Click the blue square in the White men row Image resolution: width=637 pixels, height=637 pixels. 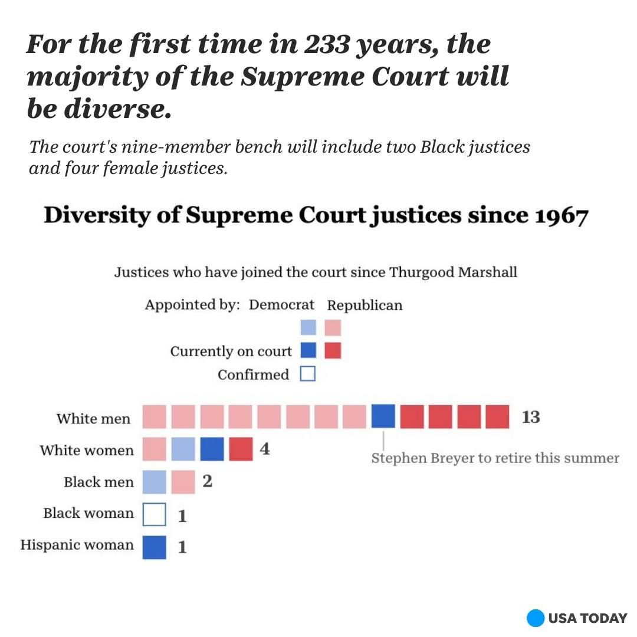(383, 416)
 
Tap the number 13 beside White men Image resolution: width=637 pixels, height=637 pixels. (530, 417)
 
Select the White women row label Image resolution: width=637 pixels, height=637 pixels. (87, 451)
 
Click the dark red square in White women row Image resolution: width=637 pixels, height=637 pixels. (241, 449)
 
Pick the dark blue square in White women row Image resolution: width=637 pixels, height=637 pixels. (212, 449)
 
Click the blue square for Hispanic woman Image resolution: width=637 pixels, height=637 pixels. (154, 547)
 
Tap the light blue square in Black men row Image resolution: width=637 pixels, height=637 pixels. (154, 482)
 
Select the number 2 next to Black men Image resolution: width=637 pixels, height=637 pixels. (207, 481)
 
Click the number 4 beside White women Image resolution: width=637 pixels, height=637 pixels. (265, 449)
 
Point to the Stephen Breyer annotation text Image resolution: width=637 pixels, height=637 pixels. (495, 458)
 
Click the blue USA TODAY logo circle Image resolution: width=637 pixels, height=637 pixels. (535, 618)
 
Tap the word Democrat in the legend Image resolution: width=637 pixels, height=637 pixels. (281, 305)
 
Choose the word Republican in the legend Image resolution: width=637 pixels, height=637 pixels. (365, 306)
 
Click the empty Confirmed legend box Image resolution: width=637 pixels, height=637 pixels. (308, 374)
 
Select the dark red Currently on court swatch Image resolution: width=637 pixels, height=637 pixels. (333, 351)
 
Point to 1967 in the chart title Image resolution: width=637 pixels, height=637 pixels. (562, 216)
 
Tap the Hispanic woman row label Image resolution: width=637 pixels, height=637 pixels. (77, 544)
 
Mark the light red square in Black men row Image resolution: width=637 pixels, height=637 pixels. (183, 482)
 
